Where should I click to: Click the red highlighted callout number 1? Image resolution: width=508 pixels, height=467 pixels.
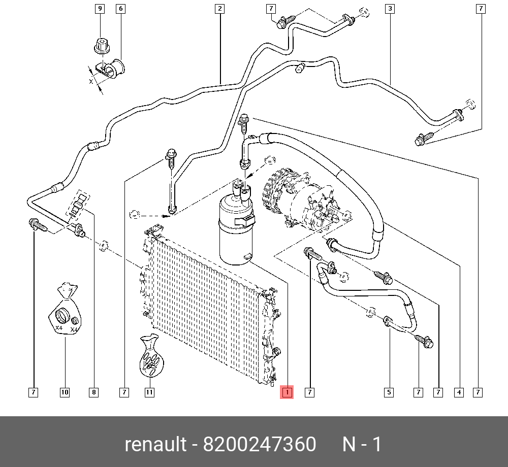coord(287,392)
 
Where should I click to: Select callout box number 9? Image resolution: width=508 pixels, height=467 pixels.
coord(100,9)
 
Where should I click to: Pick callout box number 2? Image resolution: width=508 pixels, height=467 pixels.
coord(219,9)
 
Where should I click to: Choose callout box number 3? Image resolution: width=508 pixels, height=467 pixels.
coord(390,9)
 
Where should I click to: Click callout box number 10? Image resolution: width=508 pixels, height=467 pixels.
coord(65,392)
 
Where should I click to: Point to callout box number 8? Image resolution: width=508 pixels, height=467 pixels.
coord(93,392)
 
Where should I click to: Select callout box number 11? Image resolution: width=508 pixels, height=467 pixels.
coord(149,392)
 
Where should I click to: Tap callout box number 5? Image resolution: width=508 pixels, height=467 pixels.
coord(389,392)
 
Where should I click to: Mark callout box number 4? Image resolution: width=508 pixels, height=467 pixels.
coord(459,392)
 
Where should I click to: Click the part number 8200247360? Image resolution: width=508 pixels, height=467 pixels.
coord(260,445)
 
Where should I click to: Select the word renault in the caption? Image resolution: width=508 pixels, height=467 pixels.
coord(155,445)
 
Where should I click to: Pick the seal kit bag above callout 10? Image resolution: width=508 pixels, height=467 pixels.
coord(64,312)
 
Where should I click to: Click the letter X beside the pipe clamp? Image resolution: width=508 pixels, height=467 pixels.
coord(91,81)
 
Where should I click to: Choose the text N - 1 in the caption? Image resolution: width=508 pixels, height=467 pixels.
coord(362,445)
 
